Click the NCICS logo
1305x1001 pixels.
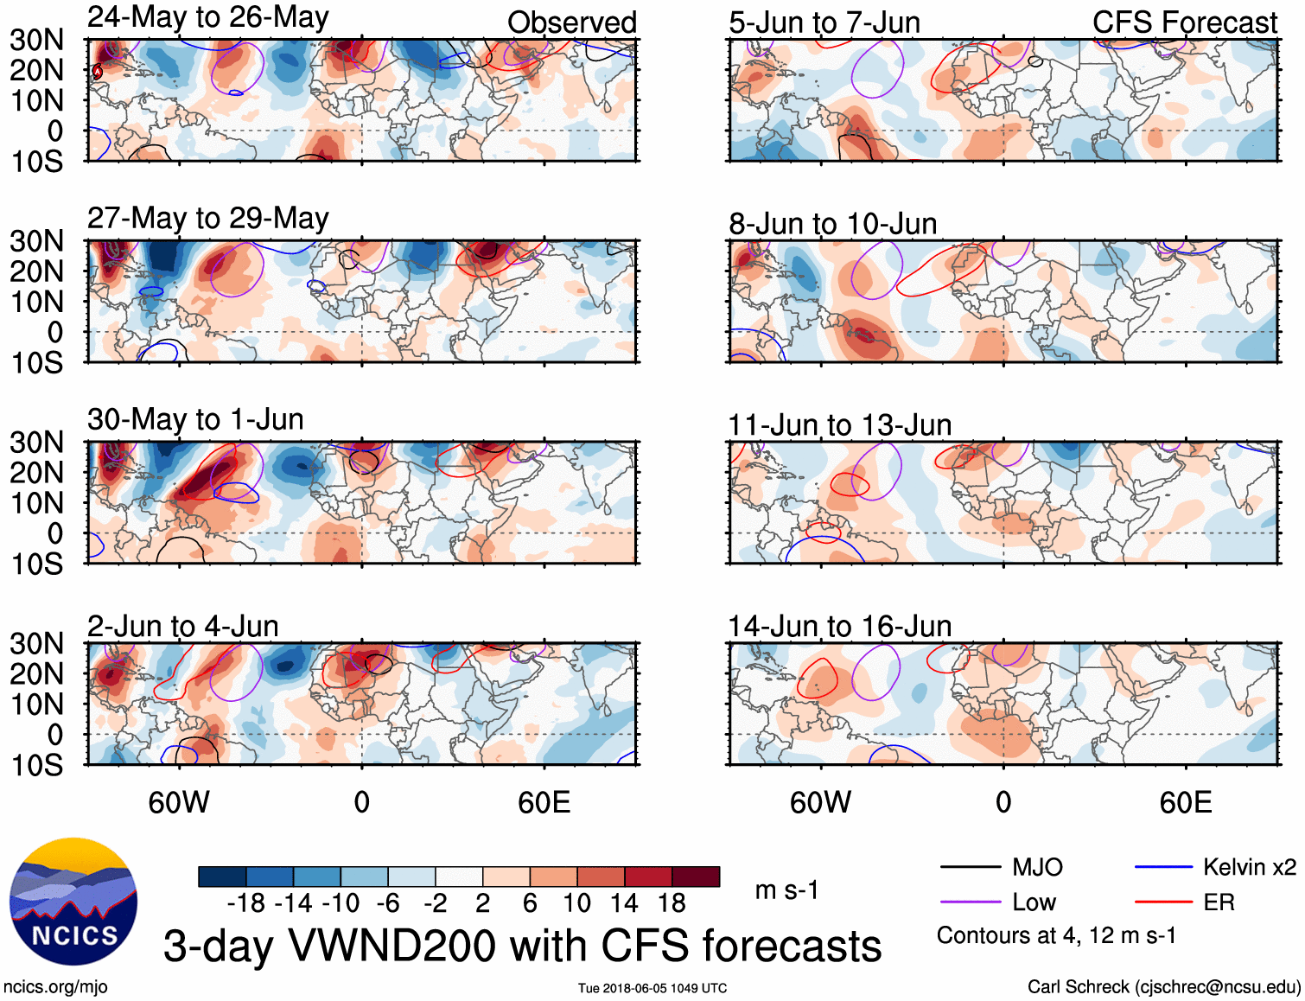pyautogui.click(x=73, y=902)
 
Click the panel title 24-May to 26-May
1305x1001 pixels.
pyautogui.click(x=207, y=17)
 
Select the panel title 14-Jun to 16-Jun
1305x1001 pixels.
pyautogui.click(x=839, y=626)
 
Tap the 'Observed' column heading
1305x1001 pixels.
pyautogui.click(x=571, y=22)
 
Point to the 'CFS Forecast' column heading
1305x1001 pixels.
pyautogui.click(x=1184, y=22)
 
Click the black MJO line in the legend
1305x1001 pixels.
pyautogui.click(x=970, y=867)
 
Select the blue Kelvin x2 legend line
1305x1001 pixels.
pyautogui.click(x=1163, y=867)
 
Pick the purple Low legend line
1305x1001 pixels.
pyautogui.click(x=970, y=902)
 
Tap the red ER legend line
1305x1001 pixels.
pyautogui.click(x=1163, y=902)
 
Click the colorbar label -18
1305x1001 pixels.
pyautogui.click(x=246, y=903)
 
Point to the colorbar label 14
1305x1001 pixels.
pyautogui.click(x=623, y=903)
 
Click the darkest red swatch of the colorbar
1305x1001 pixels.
pyautogui.click(x=696, y=877)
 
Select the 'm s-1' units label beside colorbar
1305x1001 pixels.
pyautogui.click(x=786, y=890)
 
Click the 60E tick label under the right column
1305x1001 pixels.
pyautogui.click(x=1185, y=802)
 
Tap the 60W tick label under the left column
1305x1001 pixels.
pyautogui.click(x=179, y=802)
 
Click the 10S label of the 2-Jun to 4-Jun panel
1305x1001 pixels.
pyautogui.click(x=37, y=765)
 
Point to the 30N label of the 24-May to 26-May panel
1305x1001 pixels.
pyautogui.click(x=37, y=40)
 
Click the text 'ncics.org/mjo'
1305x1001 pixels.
pyautogui.click(x=55, y=987)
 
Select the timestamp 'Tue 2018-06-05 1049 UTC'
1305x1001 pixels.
pyautogui.click(x=652, y=988)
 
